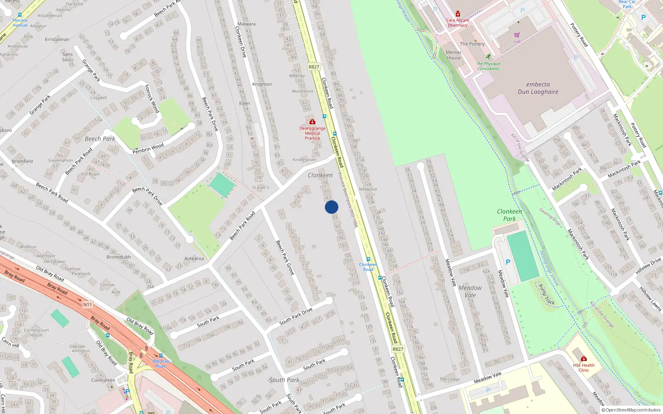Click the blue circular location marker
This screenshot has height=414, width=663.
331,207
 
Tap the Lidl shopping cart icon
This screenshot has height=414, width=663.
517,35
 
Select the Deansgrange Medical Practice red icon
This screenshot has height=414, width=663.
312,122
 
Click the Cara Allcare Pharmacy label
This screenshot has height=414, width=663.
457,22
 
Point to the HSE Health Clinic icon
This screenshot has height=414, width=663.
583,359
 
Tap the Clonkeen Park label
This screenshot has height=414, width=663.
509,215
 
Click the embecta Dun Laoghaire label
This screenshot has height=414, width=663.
538,88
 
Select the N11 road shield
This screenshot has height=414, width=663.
87,305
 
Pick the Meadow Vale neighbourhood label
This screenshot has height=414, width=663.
470,291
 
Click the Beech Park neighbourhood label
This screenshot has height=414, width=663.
100,139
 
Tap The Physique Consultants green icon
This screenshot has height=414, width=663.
489,57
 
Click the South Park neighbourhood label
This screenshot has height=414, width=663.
284,380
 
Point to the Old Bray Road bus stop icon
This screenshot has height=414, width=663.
161,356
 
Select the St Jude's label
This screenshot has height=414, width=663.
260,188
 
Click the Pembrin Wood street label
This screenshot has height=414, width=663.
148,148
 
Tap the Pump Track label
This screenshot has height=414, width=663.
546,294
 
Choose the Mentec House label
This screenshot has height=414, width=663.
454,55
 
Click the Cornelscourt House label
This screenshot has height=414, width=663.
36,332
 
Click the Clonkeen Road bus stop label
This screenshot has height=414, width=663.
368,267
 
